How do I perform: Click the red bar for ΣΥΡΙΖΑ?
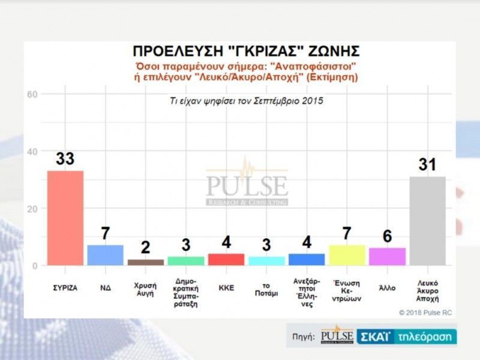[65, 218]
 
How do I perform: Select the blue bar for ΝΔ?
[106, 255]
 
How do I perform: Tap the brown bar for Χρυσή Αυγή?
[146, 262]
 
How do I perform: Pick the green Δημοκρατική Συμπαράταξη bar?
[186, 261]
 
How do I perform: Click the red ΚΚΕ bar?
[226, 259]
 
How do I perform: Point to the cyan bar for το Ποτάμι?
[266, 261]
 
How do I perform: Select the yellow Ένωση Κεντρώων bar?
[347, 255]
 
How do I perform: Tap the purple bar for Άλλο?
[387, 256]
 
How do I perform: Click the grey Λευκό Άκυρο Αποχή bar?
[427, 221]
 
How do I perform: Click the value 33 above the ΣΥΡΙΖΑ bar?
[65, 159]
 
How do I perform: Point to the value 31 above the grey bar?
[427, 164]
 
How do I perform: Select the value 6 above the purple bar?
[387, 236]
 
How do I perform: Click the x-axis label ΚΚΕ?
[226, 287]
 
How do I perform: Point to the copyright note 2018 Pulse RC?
[427, 312]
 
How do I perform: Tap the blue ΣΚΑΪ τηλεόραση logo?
[406, 337]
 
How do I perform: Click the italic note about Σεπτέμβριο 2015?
[247, 101]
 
